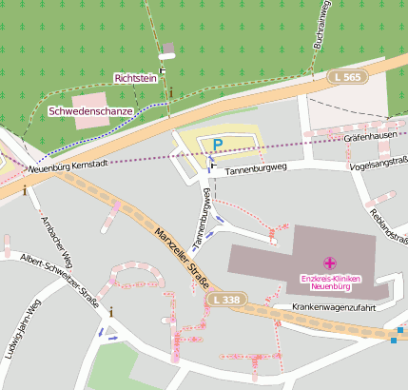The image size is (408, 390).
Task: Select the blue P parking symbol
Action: tap(217, 145)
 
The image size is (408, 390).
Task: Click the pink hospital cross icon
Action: tap(329, 262)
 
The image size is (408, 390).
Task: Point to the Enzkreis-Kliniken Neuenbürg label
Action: tap(332, 282)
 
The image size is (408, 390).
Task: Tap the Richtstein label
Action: tap(134, 78)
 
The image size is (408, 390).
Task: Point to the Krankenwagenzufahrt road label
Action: tap(336, 307)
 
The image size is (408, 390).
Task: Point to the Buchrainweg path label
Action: tap(323, 24)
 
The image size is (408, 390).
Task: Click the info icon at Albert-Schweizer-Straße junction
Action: tap(111, 311)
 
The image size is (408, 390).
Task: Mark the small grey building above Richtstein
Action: tap(168, 49)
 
